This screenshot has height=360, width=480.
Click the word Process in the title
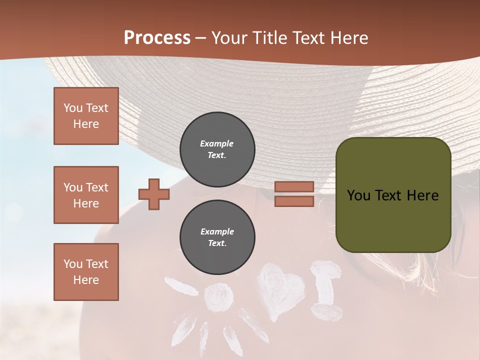(157, 38)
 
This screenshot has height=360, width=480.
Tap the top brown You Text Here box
(86, 116)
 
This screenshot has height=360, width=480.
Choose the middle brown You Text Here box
(86, 195)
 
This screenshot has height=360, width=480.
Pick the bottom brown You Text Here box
(86, 272)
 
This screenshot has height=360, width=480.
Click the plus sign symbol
(154, 194)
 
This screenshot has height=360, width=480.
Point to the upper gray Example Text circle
(217, 149)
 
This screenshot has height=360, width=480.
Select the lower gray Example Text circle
(217, 237)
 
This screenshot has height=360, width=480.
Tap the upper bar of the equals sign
(294, 186)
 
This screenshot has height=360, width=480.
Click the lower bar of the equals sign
(294, 201)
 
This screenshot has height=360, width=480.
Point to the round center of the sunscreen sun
(218, 298)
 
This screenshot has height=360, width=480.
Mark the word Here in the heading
(349, 38)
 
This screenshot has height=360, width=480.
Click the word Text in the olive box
(387, 195)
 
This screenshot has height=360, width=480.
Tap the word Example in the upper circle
(216, 143)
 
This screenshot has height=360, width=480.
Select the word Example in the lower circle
(217, 231)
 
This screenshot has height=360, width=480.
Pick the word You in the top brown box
(73, 108)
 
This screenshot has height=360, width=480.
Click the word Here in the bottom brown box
(86, 280)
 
